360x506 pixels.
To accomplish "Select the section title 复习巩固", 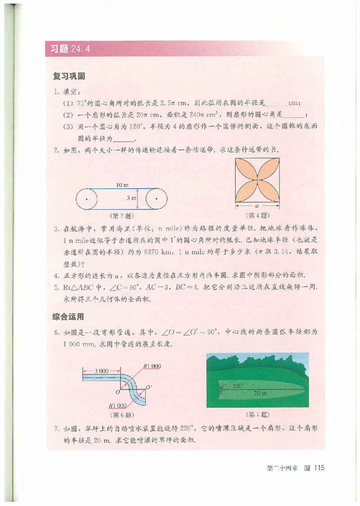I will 69,77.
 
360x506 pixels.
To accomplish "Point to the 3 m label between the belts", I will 130,198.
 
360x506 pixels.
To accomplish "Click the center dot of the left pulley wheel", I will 86,198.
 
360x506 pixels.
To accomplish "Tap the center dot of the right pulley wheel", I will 156,198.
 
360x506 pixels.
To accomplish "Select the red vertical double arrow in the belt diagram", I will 137,198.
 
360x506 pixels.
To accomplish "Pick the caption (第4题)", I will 257,215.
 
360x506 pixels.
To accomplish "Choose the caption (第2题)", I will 121,215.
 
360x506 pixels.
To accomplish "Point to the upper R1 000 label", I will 151,366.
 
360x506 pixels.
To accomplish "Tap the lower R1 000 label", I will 118,404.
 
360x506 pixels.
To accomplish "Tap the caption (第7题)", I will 257,413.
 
